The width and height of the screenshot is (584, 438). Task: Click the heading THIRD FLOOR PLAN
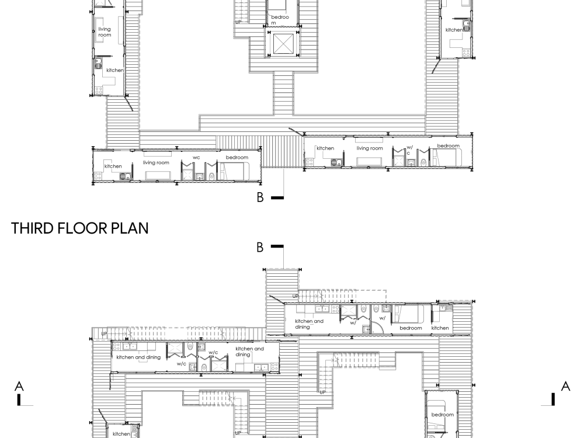pyautogui.click(x=79, y=228)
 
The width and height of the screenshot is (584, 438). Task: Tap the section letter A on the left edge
pyautogui.click(x=19, y=386)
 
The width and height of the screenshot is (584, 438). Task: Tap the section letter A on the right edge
pyautogui.click(x=565, y=386)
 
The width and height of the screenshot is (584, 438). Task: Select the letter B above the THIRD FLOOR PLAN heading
pyautogui.click(x=260, y=197)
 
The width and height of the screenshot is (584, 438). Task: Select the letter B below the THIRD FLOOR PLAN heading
pyautogui.click(x=260, y=247)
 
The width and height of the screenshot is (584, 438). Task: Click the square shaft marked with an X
pyautogui.click(x=283, y=44)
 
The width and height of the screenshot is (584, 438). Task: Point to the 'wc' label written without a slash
pyautogui.click(x=196, y=158)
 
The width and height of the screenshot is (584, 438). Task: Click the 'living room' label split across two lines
pyautogui.click(x=105, y=32)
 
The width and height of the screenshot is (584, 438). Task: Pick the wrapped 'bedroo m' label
pyautogui.click(x=280, y=20)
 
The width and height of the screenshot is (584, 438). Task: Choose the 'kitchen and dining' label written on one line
pyautogui.click(x=138, y=357)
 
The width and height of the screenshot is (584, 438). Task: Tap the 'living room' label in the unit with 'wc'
pyautogui.click(x=156, y=163)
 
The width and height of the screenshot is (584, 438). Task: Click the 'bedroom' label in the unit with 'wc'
pyautogui.click(x=237, y=158)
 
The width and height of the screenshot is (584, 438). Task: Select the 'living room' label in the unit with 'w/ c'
pyautogui.click(x=370, y=148)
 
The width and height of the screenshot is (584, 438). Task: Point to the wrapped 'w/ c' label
pyautogui.click(x=410, y=150)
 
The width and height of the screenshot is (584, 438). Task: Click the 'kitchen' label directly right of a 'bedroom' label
pyautogui.click(x=440, y=328)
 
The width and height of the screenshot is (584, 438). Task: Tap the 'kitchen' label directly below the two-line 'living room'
pyautogui.click(x=114, y=70)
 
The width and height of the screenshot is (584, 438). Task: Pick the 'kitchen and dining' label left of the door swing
pyautogui.click(x=309, y=324)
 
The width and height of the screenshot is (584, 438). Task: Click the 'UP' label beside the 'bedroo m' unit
pyautogui.click(x=238, y=22)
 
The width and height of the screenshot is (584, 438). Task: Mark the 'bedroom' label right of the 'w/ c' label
pyautogui.click(x=448, y=145)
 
